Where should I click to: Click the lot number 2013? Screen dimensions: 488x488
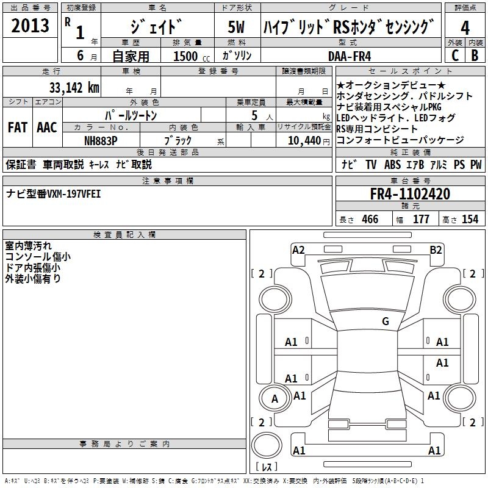30,26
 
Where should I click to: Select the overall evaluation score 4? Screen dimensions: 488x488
465,27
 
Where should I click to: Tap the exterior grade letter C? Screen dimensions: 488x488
454,55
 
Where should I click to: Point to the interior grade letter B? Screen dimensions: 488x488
475,55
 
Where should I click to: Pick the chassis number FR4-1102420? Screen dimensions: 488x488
410,194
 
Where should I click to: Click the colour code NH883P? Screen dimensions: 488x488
101,140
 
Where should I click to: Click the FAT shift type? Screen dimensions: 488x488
18,127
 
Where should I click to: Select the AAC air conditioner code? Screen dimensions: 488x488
47,127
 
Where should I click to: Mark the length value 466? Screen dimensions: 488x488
370,219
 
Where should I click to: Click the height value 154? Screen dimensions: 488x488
470,219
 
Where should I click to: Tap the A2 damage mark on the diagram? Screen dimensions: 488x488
298,249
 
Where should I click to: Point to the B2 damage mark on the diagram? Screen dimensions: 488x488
436,249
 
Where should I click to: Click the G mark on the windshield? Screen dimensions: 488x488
385,321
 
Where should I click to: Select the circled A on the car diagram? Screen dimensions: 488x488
274,399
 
